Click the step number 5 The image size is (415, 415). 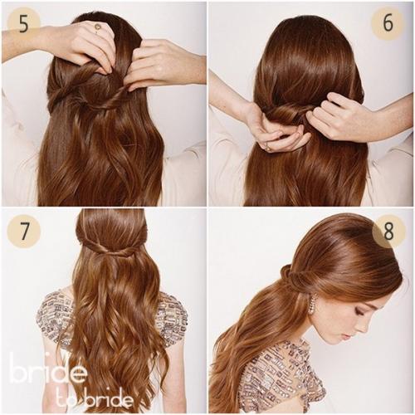(x=24, y=24)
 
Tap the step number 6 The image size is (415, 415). (x=388, y=23)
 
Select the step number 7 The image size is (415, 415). (x=24, y=231)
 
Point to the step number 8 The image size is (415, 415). (x=388, y=231)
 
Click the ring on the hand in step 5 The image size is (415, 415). (x=97, y=27)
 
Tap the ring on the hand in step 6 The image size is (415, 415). (x=268, y=148)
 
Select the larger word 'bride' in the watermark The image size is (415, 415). (x=47, y=367)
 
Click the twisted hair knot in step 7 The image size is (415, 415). (x=110, y=250)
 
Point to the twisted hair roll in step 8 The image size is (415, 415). (x=295, y=280)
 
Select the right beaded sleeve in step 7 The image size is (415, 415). (x=172, y=315)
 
